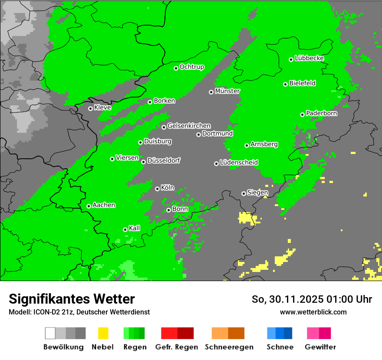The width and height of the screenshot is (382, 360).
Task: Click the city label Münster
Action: [x=227, y=91]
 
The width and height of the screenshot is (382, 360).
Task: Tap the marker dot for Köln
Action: [x=157, y=189]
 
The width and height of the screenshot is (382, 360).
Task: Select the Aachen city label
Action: [x=104, y=205]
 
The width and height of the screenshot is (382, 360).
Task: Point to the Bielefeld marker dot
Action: [x=286, y=84]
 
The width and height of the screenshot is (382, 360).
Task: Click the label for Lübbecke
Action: [x=310, y=58]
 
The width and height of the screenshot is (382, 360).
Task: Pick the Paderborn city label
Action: [x=322, y=113]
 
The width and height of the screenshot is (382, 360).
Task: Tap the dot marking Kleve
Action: [x=90, y=108]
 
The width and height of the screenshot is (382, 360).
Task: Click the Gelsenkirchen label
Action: [x=189, y=126]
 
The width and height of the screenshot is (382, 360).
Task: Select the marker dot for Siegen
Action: [x=244, y=193]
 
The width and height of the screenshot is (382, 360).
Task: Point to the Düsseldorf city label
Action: [x=164, y=160]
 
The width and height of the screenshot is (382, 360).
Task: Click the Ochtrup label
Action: [x=192, y=67]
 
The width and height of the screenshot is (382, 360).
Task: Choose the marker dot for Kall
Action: [x=125, y=229]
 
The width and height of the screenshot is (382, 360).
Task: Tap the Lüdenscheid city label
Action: [x=239, y=163]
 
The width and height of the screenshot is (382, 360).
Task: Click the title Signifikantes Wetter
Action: [x=72, y=299]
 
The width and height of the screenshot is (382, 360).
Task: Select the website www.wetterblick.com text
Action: [x=313, y=312]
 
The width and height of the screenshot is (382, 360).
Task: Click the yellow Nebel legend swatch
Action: [x=103, y=333]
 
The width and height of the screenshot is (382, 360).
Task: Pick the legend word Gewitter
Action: [x=320, y=347]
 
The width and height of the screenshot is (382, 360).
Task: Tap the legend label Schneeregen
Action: [x=229, y=347]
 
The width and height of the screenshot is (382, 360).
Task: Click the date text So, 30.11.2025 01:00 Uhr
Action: [x=312, y=299]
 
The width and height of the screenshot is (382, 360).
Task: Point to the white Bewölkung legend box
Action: [x=50, y=333]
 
